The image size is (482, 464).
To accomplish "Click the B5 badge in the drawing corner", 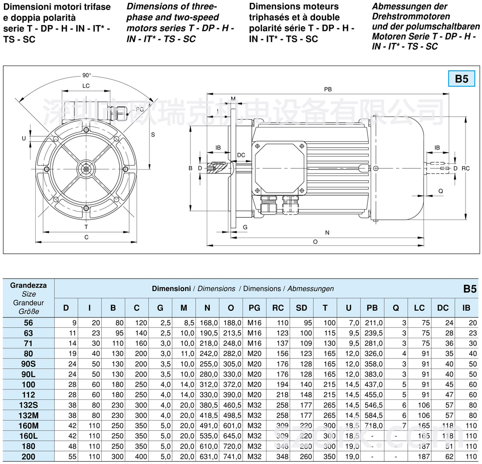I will (461, 79).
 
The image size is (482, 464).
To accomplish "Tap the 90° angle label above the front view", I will (86, 76).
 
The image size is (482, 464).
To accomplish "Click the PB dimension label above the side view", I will (328, 89).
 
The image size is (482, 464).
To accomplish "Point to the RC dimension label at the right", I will (465, 169).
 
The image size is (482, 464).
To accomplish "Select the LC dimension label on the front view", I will (86, 86).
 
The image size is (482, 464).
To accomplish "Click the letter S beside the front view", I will (153, 135).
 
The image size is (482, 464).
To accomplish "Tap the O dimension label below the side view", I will (315, 241).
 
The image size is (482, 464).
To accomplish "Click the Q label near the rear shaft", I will (441, 191).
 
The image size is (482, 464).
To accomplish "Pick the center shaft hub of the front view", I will (86, 169).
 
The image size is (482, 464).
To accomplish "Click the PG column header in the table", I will (254, 308).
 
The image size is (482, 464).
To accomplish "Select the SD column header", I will (301, 308).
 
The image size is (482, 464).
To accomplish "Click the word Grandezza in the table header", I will (28, 285).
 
